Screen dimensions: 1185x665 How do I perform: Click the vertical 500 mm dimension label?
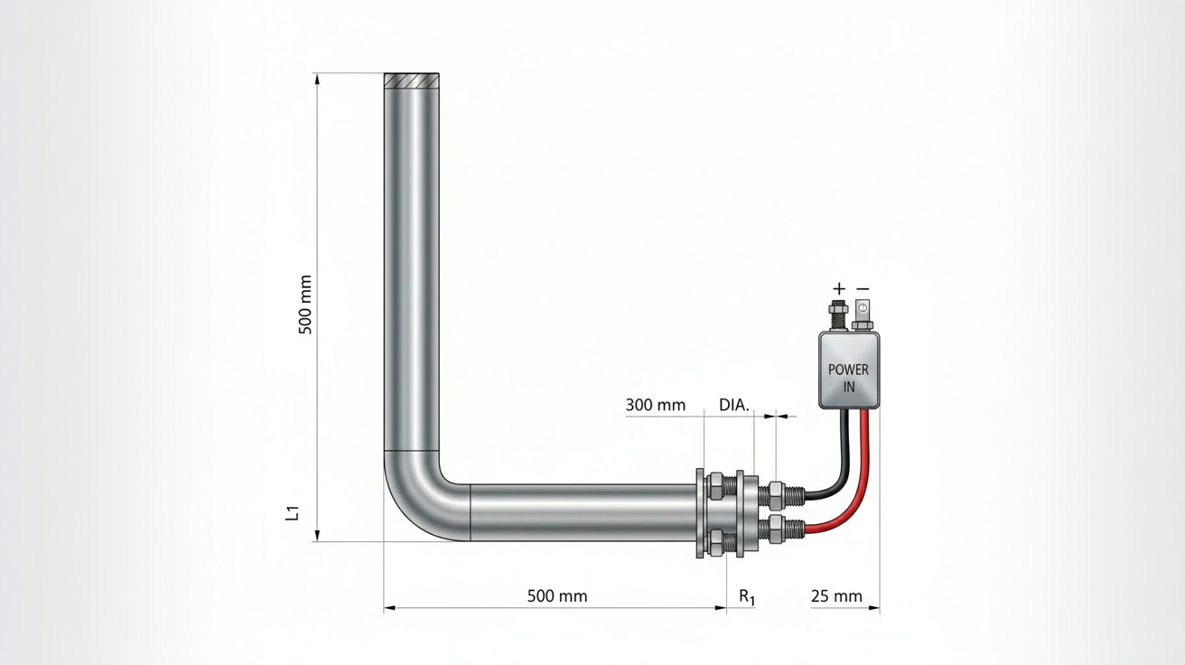[x=305, y=304]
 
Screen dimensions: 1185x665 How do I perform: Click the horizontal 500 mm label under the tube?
[x=557, y=596]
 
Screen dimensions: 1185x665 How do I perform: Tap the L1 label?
[x=293, y=513]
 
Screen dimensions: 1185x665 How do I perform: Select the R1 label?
[x=747, y=597]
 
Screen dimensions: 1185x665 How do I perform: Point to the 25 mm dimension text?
[x=836, y=596]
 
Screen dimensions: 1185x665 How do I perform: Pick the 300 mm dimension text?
[x=656, y=406]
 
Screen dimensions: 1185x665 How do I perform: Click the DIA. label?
[x=734, y=406]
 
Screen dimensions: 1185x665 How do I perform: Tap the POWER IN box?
[x=848, y=370]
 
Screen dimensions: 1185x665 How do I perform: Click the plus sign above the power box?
[x=839, y=289]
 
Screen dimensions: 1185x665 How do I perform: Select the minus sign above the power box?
[x=863, y=289]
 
